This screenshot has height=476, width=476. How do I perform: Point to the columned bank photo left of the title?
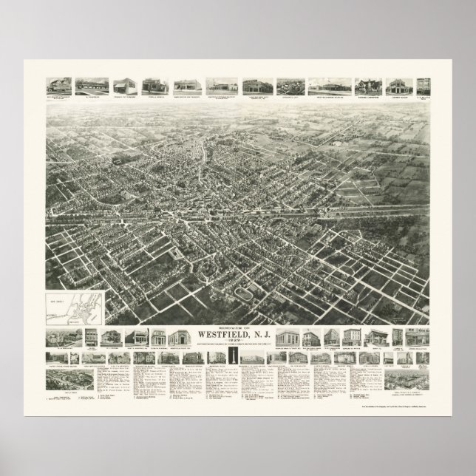pyautogui.click(x=180, y=336)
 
